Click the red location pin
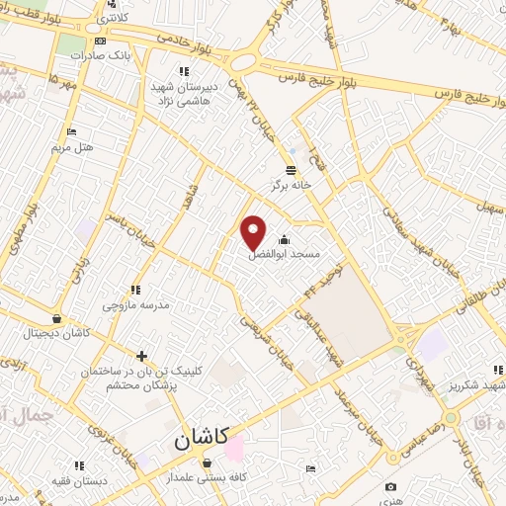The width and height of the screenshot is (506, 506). (x=254, y=231)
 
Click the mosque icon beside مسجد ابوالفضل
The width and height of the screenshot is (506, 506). (x=285, y=239)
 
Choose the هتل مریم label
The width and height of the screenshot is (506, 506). (x=72, y=146)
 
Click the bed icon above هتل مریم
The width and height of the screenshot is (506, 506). (x=71, y=131)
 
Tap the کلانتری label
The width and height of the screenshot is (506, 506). (x=114, y=19)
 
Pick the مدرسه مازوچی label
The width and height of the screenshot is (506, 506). (x=141, y=304)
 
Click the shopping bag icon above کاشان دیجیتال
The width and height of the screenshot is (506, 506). (x=57, y=319)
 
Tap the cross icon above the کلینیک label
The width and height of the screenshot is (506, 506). (x=143, y=355)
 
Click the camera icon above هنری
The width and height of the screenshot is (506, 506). (x=391, y=486)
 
